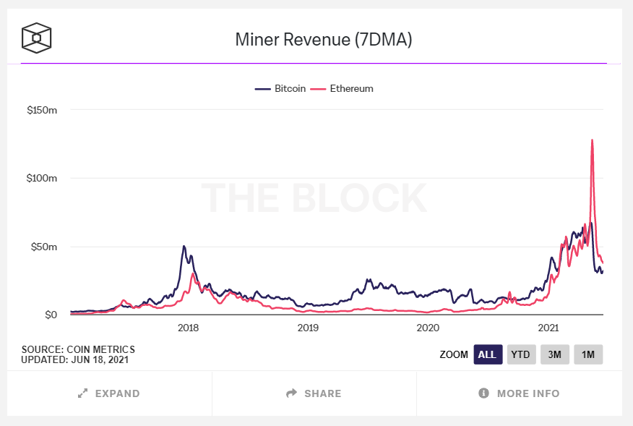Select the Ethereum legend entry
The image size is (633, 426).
(x=342, y=88)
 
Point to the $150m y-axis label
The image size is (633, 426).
(x=43, y=110)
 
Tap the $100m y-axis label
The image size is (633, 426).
(x=43, y=178)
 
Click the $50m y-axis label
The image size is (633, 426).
(x=45, y=247)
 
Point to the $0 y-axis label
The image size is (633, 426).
(x=50, y=315)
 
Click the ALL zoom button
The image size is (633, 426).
(x=487, y=354)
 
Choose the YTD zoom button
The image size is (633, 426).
(x=521, y=354)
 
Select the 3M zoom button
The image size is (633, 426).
(x=555, y=354)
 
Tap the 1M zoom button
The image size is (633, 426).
(x=588, y=354)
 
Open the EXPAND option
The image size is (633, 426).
(x=109, y=393)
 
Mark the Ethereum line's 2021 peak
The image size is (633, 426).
(x=593, y=140)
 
